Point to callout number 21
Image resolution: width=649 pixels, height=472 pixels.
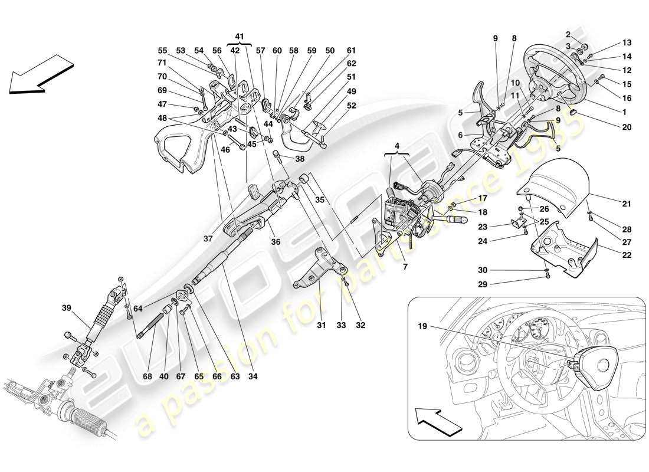pos(626,204)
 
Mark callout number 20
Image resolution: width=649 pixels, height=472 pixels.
pos(626,127)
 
